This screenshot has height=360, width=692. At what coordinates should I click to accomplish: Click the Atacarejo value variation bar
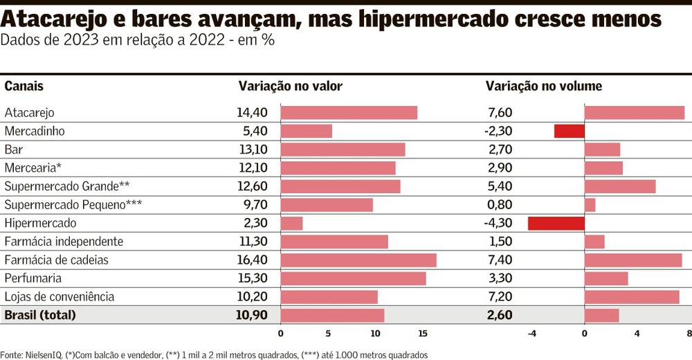coord(349,113)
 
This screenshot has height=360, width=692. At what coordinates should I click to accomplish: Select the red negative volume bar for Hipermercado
coord(556,223)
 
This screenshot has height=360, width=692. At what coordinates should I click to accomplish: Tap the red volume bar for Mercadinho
coord(570,131)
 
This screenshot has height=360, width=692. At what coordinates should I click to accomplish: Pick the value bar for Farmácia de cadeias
coord(358,260)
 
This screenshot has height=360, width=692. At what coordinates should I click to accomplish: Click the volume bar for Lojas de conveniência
coord(632,296)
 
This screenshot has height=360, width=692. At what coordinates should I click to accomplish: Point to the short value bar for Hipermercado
coord(291,223)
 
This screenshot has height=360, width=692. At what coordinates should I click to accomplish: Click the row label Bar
coord(14,150)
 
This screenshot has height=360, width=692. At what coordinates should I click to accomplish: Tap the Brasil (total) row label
coord(40,315)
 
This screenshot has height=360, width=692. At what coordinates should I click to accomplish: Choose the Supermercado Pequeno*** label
coord(74,205)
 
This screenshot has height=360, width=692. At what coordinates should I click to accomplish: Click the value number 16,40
coord(251,260)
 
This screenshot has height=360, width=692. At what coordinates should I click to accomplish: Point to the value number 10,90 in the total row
coord(251,315)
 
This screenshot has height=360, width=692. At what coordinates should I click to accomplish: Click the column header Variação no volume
coord(544,86)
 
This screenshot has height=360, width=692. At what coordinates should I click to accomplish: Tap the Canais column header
coord(24,86)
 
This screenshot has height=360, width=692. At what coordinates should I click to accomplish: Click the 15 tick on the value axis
coord(423,334)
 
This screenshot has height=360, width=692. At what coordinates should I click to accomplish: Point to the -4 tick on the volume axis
coord(531,334)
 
